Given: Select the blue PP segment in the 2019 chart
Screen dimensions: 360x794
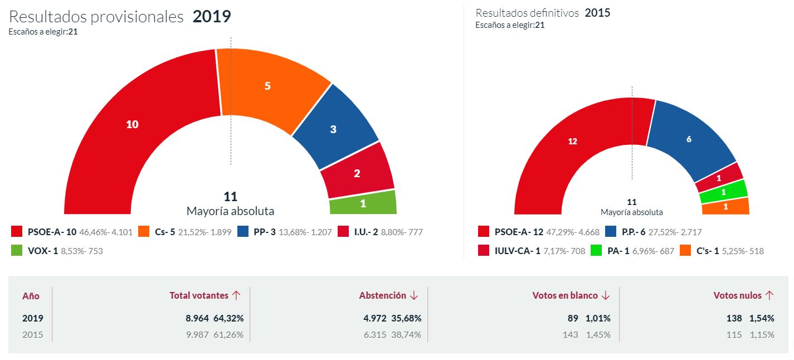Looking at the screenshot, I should click(x=333, y=129).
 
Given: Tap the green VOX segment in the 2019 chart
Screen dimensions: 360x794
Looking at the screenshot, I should click(x=363, y=203).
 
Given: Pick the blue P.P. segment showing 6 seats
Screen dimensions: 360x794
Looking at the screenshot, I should click(x=689, y=139).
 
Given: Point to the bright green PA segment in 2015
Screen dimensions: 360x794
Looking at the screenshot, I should click(x=723, y=192).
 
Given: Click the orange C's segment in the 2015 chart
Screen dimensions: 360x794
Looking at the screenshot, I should click(x=725, y=207).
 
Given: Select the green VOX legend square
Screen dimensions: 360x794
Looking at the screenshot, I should click(x=17, y=251).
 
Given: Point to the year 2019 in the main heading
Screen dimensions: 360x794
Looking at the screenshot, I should click(x=212, y=17).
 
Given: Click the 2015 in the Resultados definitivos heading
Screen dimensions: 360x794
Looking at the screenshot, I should click(x=597, y=13).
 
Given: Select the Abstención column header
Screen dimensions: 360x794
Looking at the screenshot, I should click(x=383, y=295).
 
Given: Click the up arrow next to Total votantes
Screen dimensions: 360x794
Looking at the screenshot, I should click(x=236, y=295).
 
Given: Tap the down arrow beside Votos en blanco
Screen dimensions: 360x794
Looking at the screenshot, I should click(x=606, y=295).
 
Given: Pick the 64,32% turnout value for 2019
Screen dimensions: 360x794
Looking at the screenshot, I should click(x=229, y=318).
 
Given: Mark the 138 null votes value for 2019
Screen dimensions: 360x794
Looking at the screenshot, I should click(x=735, y=318).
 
